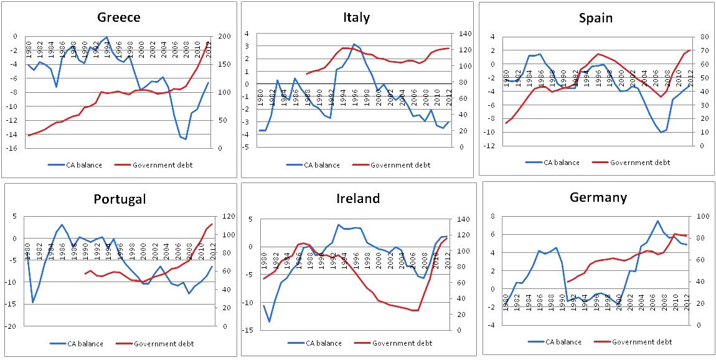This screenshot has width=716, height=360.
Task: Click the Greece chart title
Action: tap(118, 17)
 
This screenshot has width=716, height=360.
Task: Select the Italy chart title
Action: tap(356, 17)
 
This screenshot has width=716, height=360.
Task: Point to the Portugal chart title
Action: tap(120, 199)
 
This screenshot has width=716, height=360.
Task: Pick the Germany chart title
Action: tap(598, 197)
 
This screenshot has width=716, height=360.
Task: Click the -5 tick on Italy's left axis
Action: tap(247, 147)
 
